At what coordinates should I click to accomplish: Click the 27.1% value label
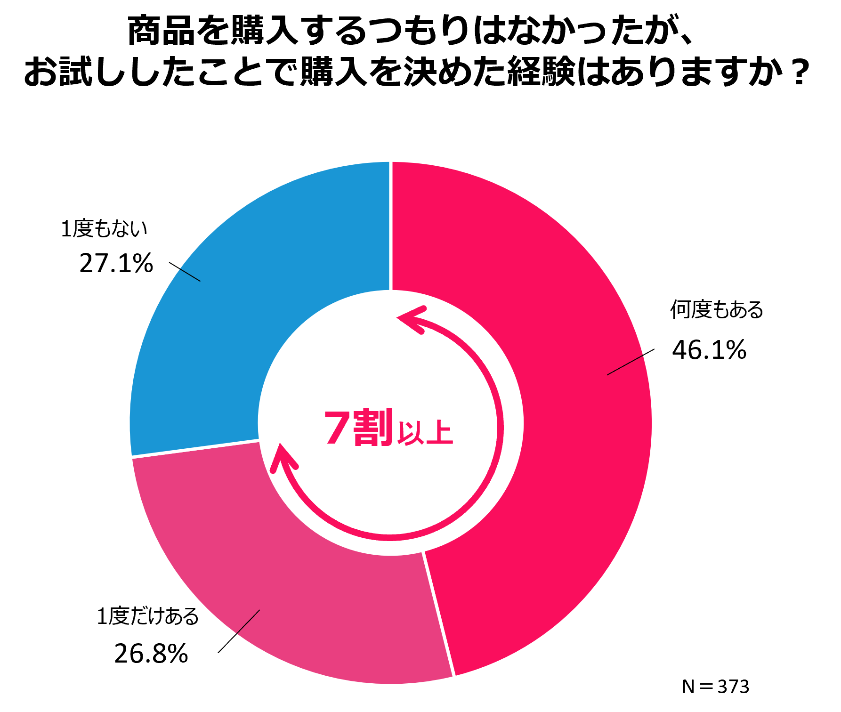(116, 263)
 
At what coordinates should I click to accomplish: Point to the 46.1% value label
(709, 350)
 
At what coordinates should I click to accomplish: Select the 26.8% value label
(151, 654)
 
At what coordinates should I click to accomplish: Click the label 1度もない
(104, 229)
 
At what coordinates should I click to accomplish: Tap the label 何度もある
(716, 309)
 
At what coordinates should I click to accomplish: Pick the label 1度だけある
(148, 616)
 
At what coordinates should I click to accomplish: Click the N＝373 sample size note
(715, 687)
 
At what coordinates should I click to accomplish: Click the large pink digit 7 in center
(338, 427)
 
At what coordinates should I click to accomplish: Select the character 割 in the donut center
(373, 427)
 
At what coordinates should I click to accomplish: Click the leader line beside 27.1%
(185, 272)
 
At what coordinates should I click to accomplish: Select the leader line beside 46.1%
(631, 362)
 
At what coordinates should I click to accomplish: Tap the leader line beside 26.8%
(239, 631)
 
